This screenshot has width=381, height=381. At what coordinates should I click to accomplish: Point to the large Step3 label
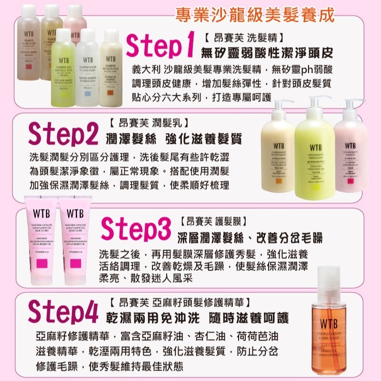click(x=136, y=229)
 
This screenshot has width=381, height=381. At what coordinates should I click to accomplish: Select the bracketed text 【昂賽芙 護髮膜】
click(x=213, y=221)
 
